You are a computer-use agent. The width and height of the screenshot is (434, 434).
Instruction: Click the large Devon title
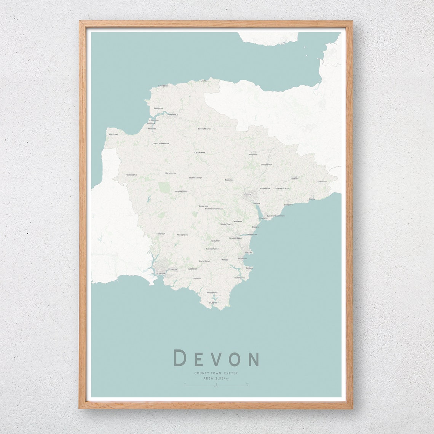pos(216,358)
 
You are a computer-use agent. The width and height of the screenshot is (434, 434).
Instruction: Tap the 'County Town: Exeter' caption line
pos(216,373)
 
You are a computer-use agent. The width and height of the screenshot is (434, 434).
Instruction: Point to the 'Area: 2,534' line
pos(216,378)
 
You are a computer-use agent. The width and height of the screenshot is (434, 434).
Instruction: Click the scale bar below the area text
pos(216,386)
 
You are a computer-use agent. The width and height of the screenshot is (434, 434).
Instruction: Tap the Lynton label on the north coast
pos(204,81)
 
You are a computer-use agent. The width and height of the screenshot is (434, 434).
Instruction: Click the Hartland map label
pos(113,134)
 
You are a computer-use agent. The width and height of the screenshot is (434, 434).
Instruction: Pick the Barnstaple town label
pos(172,114)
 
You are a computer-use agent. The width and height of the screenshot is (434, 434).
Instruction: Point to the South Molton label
pos(204,129)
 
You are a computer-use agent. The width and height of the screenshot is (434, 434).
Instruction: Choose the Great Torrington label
pos(161,144)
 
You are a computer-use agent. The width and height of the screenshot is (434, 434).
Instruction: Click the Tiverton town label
pos(253,155)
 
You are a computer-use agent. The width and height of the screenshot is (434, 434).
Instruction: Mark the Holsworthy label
pos(131,175)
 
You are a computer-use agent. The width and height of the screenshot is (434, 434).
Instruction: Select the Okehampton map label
pos(181,191)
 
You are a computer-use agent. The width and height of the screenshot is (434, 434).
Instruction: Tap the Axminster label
pos(322,182)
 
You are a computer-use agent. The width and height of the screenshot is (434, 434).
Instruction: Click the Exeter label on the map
pos(247,195)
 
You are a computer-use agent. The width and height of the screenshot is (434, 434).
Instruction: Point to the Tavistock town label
pos(161,233)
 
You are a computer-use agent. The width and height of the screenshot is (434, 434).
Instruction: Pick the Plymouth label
pos(161,273)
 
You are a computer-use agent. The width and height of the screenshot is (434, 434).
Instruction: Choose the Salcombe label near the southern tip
pos(213,303)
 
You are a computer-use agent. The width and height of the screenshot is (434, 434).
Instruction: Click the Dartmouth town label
pos(239,278)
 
